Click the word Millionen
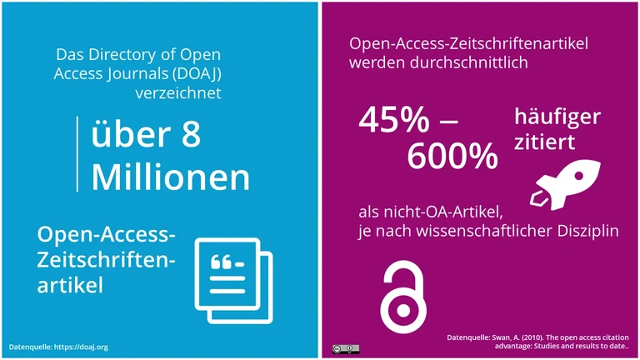(170, 177)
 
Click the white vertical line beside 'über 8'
(80, 155)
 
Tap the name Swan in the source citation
(497, 337)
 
